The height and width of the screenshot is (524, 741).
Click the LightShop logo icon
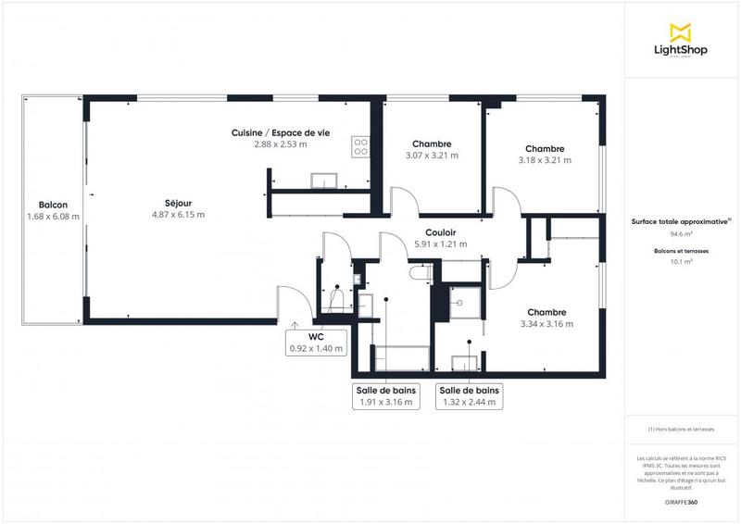(682, 32)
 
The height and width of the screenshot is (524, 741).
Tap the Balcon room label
(53, 205)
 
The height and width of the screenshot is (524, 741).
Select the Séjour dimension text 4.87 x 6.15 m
(178, 215)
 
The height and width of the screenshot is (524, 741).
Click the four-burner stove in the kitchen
(360, 145)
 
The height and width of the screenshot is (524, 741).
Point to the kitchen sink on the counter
(323, 179)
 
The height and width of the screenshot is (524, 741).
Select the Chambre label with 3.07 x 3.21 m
(432, 143)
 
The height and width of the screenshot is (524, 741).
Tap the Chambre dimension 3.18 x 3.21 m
(545, 160)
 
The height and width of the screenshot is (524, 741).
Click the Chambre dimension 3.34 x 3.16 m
(546, 324)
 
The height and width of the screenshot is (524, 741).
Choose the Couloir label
(440, 233)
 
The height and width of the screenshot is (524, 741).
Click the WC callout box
(316, 343)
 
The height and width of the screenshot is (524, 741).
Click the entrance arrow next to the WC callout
(294, 325)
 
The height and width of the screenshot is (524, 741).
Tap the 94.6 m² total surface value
(682, 235)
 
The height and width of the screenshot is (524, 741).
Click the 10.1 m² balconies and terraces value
(682, 262)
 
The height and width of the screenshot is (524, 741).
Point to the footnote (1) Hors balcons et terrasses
(682, 430)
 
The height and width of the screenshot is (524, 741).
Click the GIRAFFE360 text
(682, 500)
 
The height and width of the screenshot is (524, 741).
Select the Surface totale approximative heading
(682, 221)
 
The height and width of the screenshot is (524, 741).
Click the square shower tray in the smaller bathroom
(459, 299)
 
